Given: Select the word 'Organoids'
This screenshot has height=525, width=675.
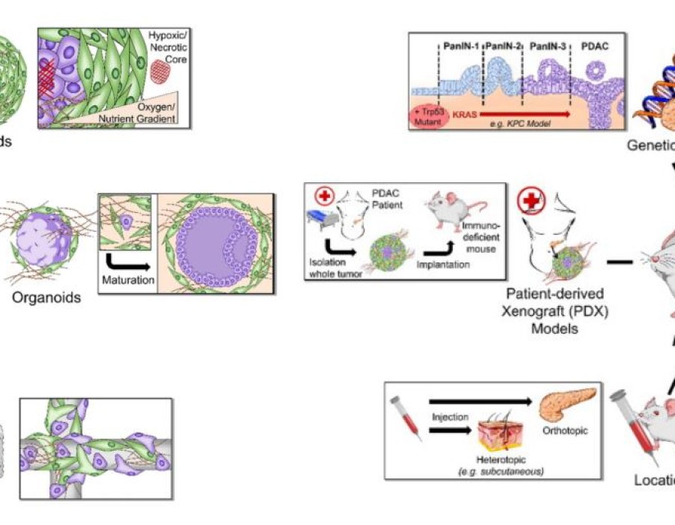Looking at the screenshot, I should pos(46,298).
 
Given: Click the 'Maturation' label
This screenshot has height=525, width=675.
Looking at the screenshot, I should pos(127,280).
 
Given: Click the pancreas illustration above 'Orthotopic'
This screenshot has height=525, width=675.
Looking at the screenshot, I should pos(571,405).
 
